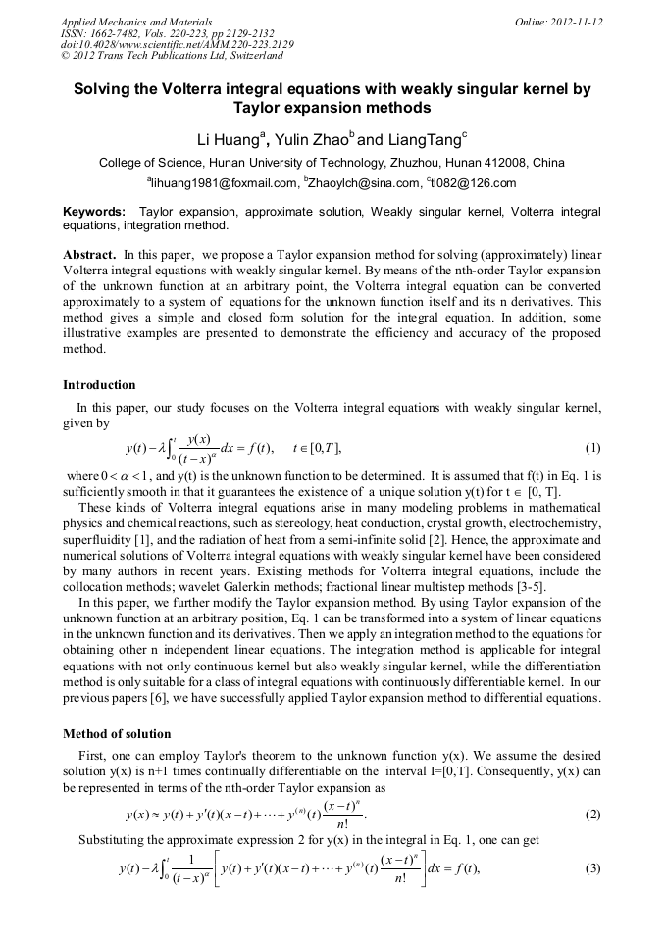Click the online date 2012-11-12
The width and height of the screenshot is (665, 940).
tap(577, 22)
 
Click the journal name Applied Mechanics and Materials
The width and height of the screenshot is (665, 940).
tap(136, 22)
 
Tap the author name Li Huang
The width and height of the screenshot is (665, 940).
tap(230, 140)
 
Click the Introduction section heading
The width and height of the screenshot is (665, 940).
tap(99, 385)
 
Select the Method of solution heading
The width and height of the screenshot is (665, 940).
tap(117, 734)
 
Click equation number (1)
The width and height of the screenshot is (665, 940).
tap(592, 449)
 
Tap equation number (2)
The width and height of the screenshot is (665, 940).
tap(592, 815)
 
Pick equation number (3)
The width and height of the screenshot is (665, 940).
tap(592, 869)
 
